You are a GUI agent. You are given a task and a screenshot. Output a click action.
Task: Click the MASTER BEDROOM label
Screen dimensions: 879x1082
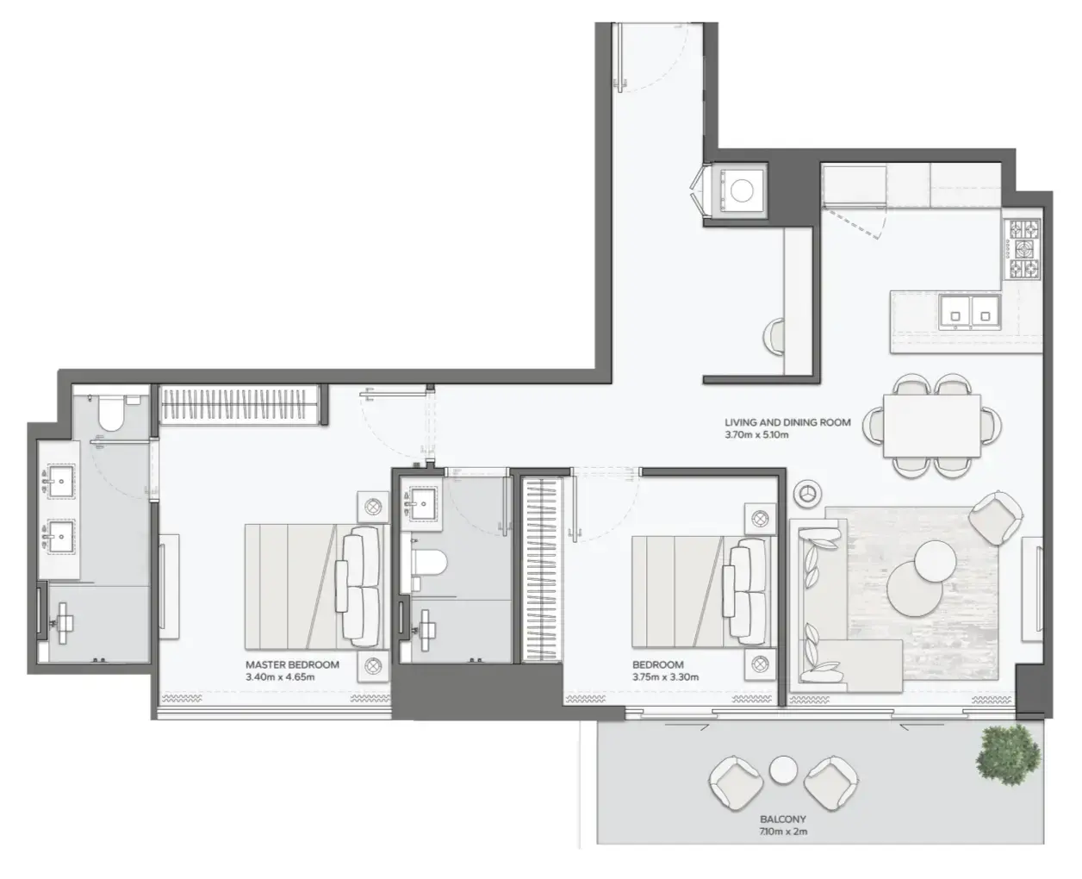pyautogui.click(x=292, y=664)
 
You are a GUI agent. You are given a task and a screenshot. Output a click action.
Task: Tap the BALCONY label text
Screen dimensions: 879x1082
pyautogui.click(x=783, y=819)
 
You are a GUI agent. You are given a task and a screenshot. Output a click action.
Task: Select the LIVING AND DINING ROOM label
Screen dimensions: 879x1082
pyautogui.click(x=787, y=422)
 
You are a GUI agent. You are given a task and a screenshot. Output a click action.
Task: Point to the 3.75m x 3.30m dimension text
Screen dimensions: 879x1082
pyautogui.click(x=665, y=677)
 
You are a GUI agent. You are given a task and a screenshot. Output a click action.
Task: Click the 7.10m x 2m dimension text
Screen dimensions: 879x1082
pyautogui.click(x=783, y=832)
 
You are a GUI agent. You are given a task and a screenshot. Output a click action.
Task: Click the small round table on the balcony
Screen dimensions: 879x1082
pyautogui.click(x=782, y=770)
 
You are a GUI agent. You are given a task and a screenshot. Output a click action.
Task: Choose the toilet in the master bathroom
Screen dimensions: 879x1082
pyautogui.click(x=110, y=414)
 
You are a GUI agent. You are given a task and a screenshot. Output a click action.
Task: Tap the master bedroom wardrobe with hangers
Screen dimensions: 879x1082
pyautogui.click(x=240, y=404)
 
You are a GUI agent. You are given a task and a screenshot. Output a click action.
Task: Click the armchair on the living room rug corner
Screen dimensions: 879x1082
pyautogui.click(x=997, y=516)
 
